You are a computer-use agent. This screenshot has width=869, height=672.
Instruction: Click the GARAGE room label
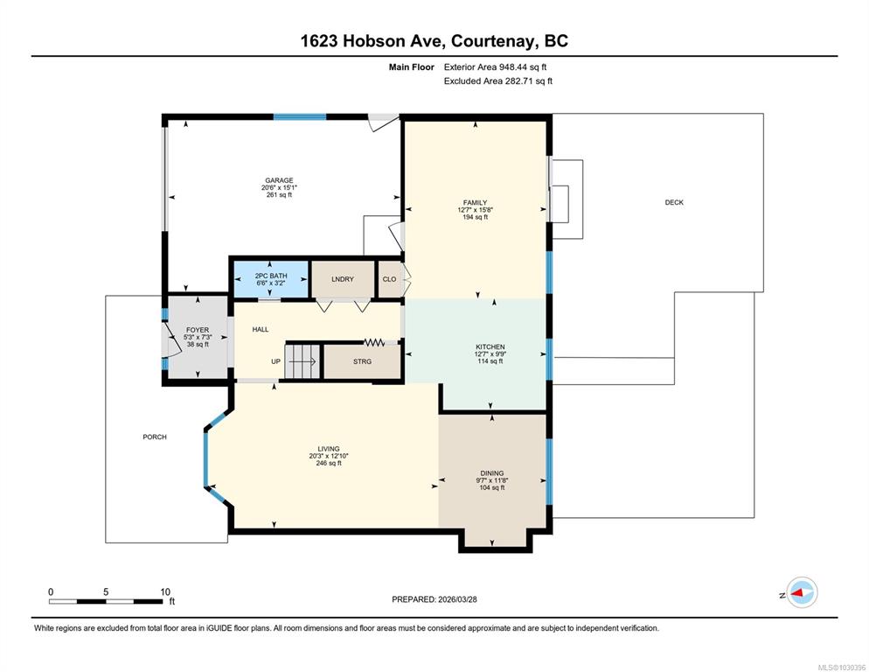coord(279,180)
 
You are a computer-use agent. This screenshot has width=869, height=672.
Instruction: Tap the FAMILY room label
coord(475,202)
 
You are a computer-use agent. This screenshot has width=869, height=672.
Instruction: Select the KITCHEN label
coord(490,346)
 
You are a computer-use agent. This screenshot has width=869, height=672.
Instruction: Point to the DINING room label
coord(492,473)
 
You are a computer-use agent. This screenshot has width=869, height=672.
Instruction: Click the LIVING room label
coord(329,449)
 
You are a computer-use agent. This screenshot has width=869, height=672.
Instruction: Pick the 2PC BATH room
coord(270,279)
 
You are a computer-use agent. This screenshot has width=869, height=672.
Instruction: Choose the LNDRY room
coord(343,279)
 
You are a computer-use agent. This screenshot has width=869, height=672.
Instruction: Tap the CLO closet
coord(390,279)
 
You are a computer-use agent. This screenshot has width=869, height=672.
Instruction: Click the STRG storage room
coord(362,361)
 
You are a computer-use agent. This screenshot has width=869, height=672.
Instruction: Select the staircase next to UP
coord(302,361)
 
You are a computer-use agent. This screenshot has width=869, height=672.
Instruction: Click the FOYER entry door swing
coord(173,339)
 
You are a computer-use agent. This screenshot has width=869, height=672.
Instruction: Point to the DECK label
coord(674,202)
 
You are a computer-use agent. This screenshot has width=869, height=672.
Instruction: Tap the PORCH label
coord(155,437)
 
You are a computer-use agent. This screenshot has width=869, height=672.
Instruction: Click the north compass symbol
coord(802,592)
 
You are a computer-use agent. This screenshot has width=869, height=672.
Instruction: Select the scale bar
coord(106,601)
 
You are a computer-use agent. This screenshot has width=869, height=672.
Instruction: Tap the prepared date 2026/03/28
coord(457,599)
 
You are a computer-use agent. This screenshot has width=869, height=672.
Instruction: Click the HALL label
coord(261,329)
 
